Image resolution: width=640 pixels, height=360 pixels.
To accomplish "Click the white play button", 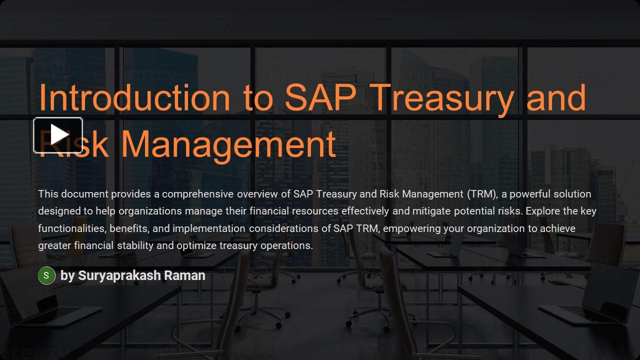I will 58,135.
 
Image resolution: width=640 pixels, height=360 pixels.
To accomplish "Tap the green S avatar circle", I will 46,275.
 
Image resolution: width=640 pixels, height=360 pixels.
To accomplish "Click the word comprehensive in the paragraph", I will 197,194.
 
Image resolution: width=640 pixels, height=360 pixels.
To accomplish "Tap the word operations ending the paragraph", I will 287,245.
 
